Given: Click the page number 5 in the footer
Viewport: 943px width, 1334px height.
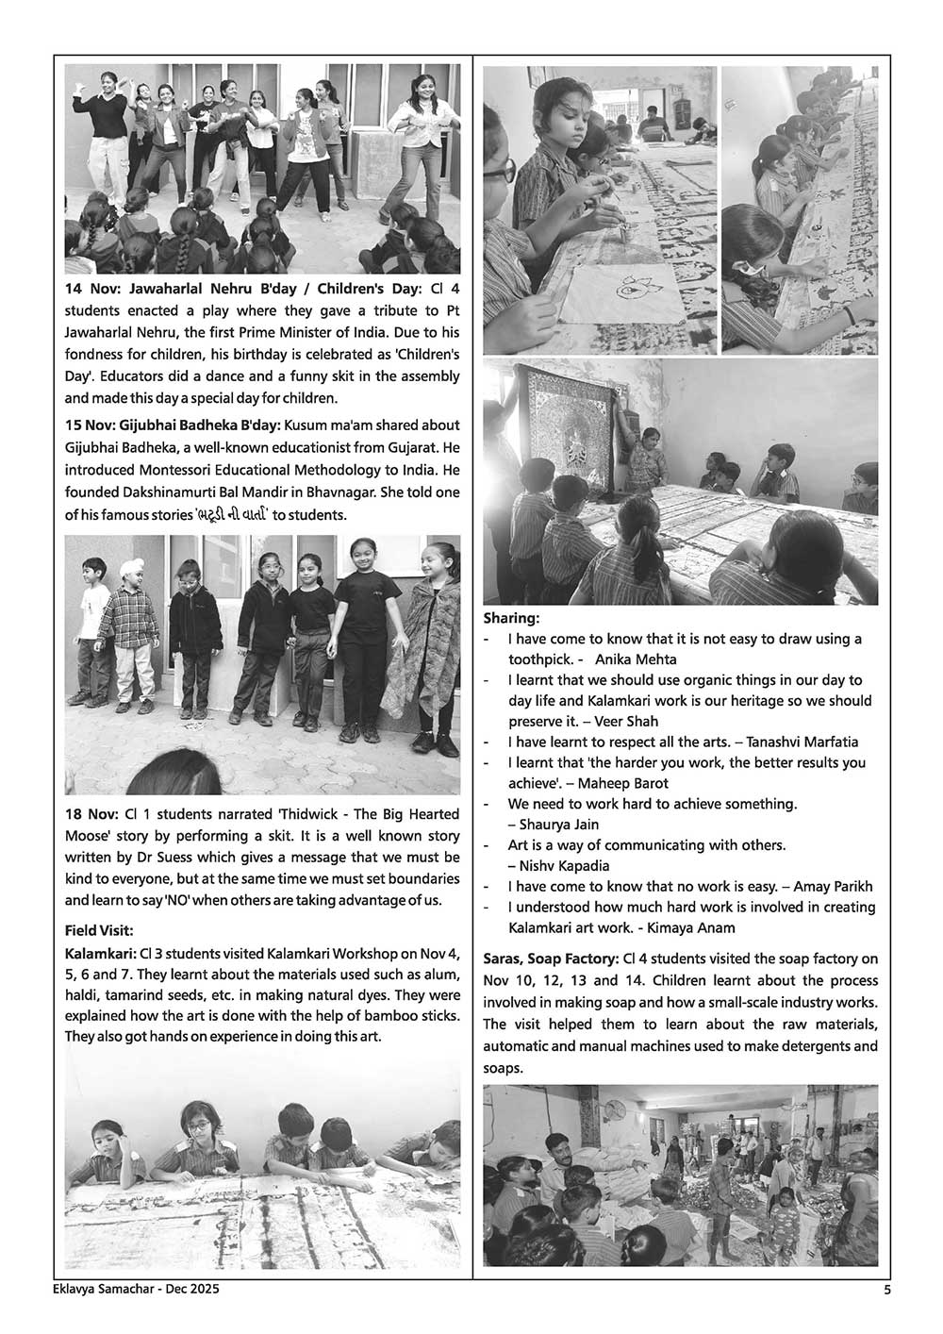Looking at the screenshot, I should coord(885,1291).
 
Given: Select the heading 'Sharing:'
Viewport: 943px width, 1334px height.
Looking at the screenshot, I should coord(511,618).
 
